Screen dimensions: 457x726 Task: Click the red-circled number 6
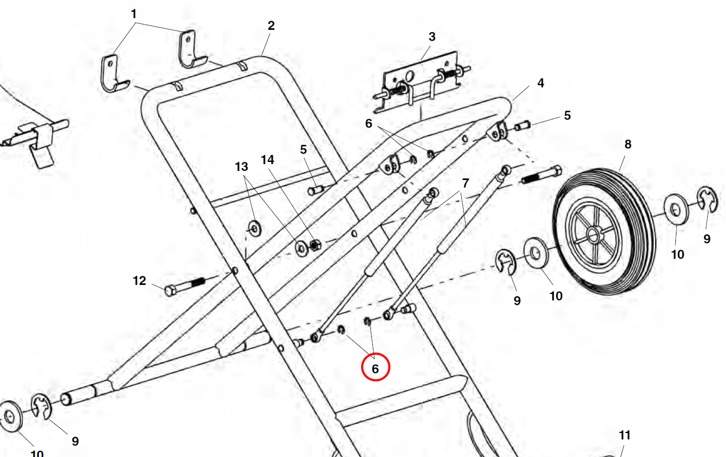click(x=376, y=368)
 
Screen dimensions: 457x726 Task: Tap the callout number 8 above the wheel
click(x=627, y=144)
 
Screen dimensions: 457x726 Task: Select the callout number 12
click(x=139, y=281)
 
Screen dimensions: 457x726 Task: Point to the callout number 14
click(x=267, y=159)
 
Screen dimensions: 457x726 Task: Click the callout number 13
click(x=241, y=167)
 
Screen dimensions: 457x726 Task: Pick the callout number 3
click(x=432, y=37)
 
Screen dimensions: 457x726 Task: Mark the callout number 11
click(x=624, y=435)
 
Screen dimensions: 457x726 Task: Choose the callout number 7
click(x=465, y=183)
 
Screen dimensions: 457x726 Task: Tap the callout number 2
click(x=271, y=26)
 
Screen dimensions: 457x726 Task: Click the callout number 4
click(x=540, y=83)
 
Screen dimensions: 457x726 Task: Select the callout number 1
click(x=134, y=13)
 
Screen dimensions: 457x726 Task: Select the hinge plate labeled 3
click(x=421, y=85)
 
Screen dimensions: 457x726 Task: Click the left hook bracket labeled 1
click(x=113, y=74)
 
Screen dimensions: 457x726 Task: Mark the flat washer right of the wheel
click(x=676, y=209)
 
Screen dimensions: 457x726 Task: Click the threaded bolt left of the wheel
click(x=540, y=176)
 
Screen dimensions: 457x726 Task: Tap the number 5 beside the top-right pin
click(x=567, y=115)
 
